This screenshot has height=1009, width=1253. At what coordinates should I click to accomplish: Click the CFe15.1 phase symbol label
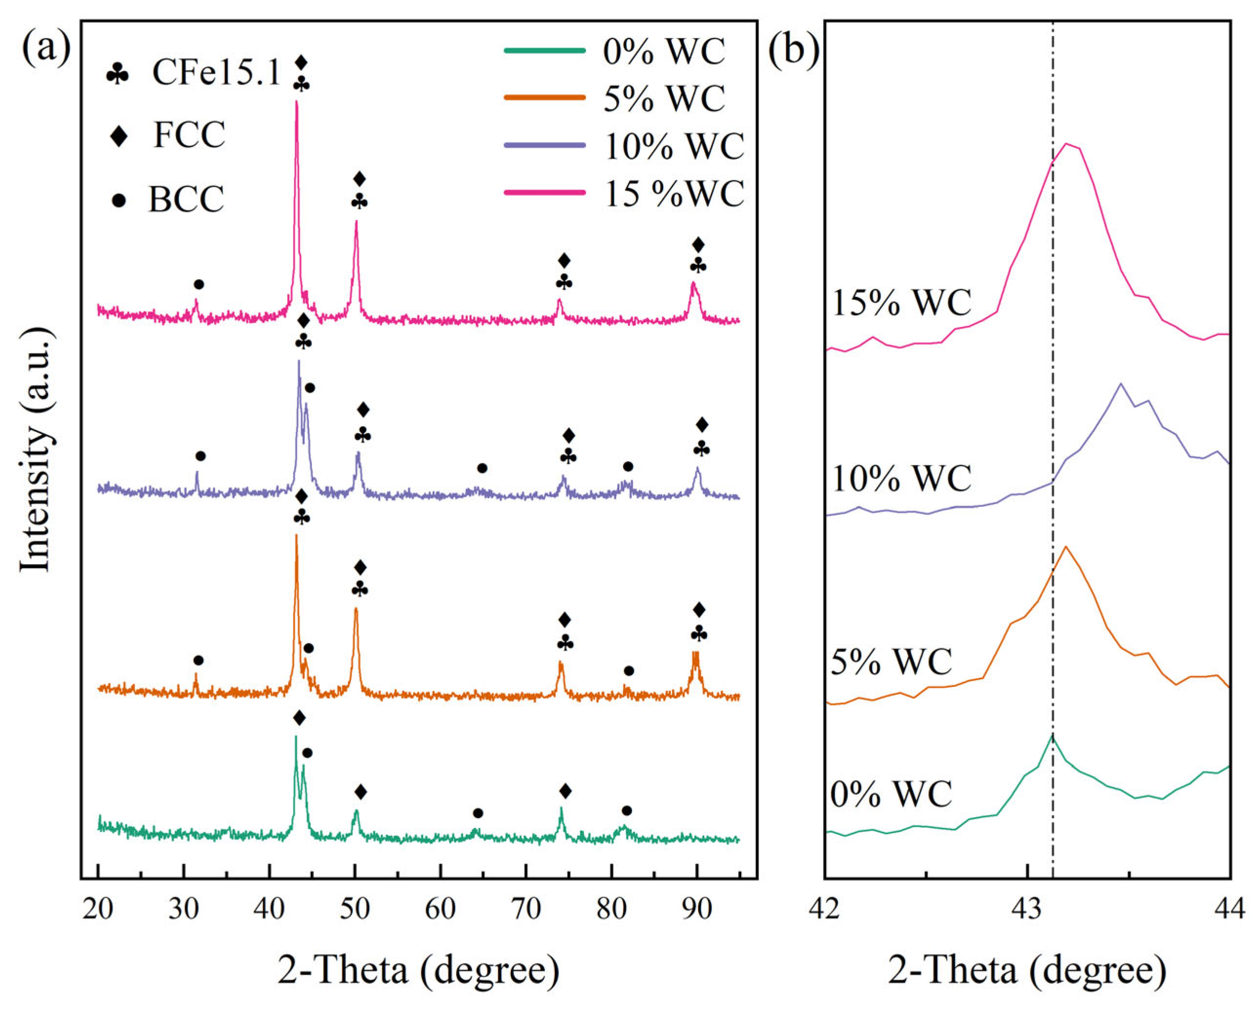(215, 74)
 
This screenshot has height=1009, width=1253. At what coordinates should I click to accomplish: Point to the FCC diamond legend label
(189, 136)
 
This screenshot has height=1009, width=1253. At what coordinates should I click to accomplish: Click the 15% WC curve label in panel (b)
(901, 303)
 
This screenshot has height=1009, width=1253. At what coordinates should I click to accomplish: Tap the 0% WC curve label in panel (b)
(891, 793)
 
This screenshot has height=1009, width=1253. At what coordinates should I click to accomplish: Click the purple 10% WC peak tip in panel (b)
(1120, 384)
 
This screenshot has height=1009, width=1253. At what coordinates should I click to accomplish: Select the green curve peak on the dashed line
(1052, 752)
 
